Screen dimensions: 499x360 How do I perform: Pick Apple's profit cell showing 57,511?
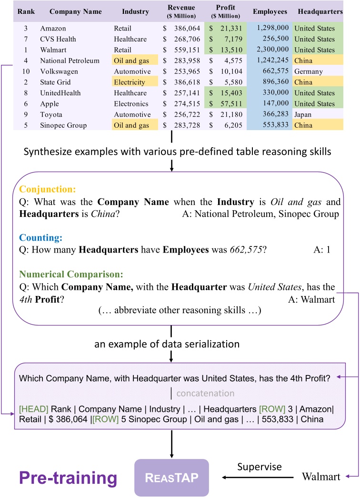[x=229, y=104]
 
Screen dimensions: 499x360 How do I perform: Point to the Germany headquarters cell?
[x=308, y=71]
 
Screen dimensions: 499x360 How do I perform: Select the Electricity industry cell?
[x=130, y=82]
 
